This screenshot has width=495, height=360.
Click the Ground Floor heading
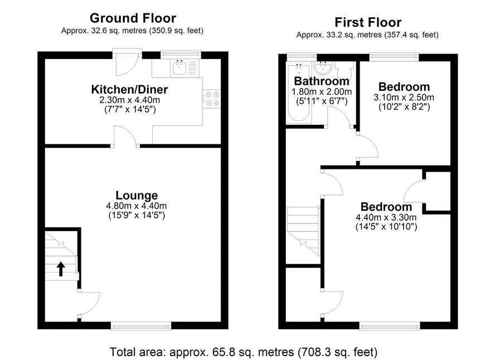(133, 18)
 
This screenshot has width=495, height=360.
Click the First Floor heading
(368, 22)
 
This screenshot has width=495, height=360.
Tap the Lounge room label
(137, 196)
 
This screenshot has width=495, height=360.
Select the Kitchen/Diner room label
(129, 89)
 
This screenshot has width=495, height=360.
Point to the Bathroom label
(322, 81)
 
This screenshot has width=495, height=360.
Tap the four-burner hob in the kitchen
(212, 99)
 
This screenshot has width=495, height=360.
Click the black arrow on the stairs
(61, 269)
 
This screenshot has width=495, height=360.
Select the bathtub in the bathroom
(299, 93)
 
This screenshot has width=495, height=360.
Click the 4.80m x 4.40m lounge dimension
(137, 206)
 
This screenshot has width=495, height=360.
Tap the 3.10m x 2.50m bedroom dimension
(404, 98)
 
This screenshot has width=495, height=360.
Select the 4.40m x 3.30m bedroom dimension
(386, 217)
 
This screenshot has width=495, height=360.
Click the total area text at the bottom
(244, 352)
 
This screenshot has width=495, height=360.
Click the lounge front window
(141, 325)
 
